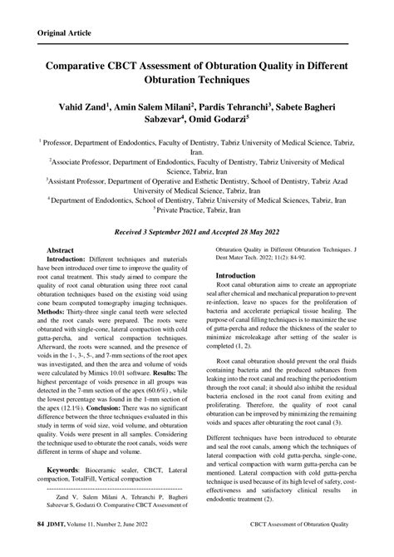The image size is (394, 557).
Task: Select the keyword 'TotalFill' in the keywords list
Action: [96, 480]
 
